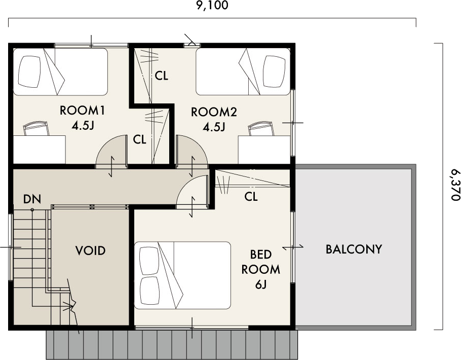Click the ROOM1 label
click(x=82, y=111)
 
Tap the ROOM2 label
click(x=214, y=112)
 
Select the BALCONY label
click(x=354, y=249)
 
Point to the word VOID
click(x=90, y=250)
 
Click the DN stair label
click(x=32, y=199)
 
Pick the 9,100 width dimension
click(x=212, y=6)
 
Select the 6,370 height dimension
click(x=455, y=185)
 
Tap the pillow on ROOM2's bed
click(x=274, y=71)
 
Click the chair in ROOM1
click(x=36, y=128)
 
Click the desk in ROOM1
click(x=39, y=150)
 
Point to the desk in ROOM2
click(x=264, y=150)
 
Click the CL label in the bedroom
click(x=251, y=196)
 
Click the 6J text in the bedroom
click(x=260, y=284)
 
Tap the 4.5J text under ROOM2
click(x=214, y=127)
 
